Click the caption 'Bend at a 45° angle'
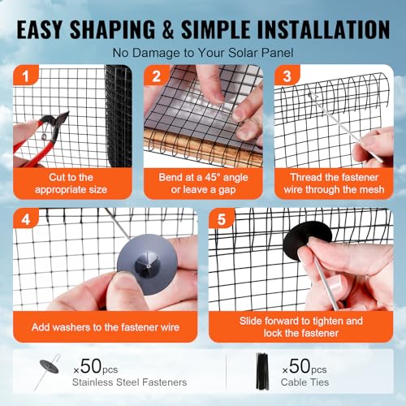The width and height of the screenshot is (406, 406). [203, 176]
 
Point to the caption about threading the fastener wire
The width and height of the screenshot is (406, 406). [333, 183]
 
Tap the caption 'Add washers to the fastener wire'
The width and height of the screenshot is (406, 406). [106, 326]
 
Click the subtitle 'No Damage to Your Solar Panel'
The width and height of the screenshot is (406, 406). [203, 54]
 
